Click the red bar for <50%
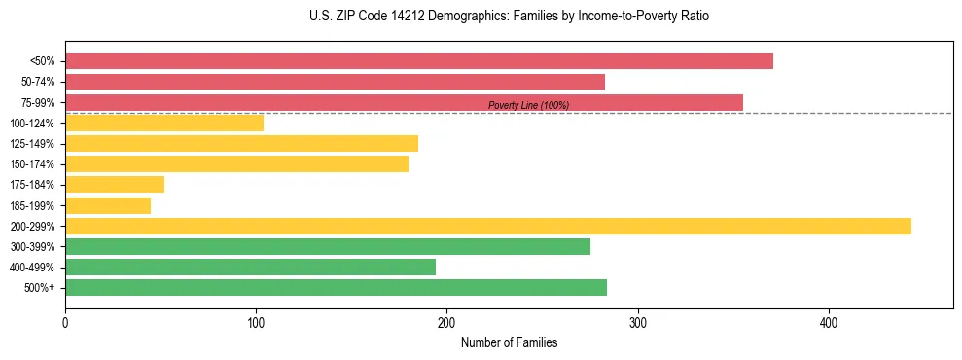418,61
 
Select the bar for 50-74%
335,82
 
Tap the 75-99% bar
404,102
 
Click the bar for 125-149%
241,143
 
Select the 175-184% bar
115,185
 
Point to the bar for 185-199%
108,205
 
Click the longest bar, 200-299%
487,226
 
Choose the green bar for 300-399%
327,246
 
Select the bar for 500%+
336,287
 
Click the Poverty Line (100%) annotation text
528,105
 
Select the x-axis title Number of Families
509,342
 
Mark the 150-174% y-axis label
32,164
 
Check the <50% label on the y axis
42,61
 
